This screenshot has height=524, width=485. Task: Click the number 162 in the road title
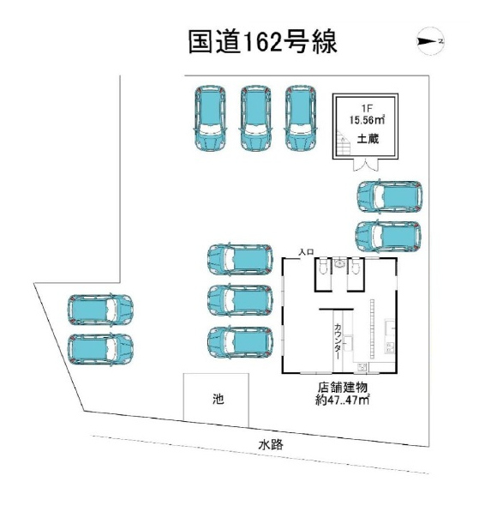click(x=263, y=43)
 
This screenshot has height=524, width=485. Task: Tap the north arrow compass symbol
click(x=431, y=41)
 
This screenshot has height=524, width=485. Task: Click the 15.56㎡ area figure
click(x=367, y=120)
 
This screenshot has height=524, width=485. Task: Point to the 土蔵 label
click(x=368, y=138)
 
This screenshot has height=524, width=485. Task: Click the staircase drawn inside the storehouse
click(x=343, y=142)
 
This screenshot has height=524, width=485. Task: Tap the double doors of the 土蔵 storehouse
click(x=366, y=165)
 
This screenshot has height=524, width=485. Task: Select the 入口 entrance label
click(x=306, y=252)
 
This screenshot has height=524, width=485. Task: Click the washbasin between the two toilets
click(x=339, y=262)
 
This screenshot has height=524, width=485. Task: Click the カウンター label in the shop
click(x=338, y=341)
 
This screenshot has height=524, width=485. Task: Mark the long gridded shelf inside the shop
click(x=372, y=328)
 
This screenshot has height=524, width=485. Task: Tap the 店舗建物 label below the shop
click(x=342, y=388)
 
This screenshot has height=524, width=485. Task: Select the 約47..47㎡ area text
click(x=342, y=400)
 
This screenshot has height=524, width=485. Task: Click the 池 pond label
click(x=218, y=399)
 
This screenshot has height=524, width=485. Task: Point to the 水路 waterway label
click(x=271, y=445)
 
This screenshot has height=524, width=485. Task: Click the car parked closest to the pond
click(x=240, y=342)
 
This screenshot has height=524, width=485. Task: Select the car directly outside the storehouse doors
click(x=390, y=196)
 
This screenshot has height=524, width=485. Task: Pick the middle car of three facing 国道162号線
click(x=255, y=118)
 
